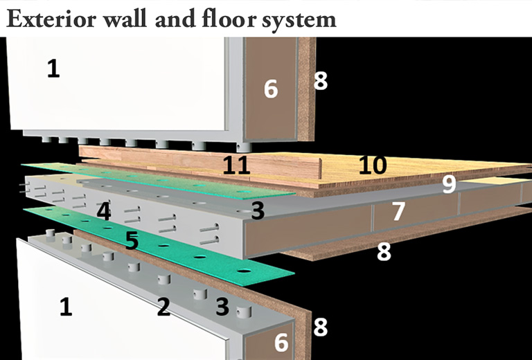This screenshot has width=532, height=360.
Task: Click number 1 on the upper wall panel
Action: click(x=53, y=68)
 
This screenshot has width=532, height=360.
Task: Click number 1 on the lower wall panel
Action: click(x=65, y=306)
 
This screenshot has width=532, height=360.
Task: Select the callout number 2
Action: click(x=163, y=306)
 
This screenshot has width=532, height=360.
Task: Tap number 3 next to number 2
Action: click(x=222, y=306)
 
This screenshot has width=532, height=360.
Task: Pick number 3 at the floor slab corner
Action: click(x=258, y=211)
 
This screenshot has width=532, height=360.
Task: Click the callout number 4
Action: click(x=103, y=211)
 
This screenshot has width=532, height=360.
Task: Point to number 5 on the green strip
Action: click(x=132, y=240)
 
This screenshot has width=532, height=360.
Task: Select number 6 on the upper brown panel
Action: click(x=271, y=89)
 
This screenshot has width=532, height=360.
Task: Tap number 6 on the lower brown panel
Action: click(x=281, y=341)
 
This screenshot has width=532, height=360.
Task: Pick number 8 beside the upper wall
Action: click(x=320, y=81)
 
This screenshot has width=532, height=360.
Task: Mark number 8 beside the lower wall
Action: click(x=320, y=326)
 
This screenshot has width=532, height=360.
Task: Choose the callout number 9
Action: click(x=450, y=184)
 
